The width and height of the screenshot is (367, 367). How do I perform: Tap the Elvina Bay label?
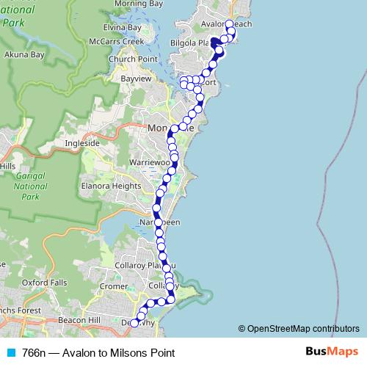[122, 28]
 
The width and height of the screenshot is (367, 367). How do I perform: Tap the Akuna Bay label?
[23, 54]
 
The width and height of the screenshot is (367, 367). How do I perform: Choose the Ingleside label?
[82, 143]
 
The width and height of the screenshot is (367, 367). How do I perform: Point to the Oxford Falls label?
[44, 282]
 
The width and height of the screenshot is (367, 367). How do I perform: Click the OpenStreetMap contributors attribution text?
[302, 329]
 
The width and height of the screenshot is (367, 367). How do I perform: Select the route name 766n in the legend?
[33, 353]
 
